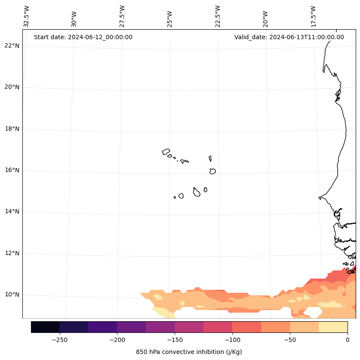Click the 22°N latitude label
click(12, 46)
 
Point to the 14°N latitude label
click(12, 211)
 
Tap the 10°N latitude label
click(12, 295)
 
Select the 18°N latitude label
click(12, 129)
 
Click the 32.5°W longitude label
click(26, 16)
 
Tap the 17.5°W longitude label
click(314, 16)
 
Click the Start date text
click(83, 37)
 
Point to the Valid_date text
click(289, 37)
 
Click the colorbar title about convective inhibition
click(189, 352)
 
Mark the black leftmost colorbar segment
click(45, 327)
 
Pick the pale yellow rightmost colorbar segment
click(333, 327)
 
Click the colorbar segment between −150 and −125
click(189, 327)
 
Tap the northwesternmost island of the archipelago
click(166, 152)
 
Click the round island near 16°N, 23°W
click(212, 171)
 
